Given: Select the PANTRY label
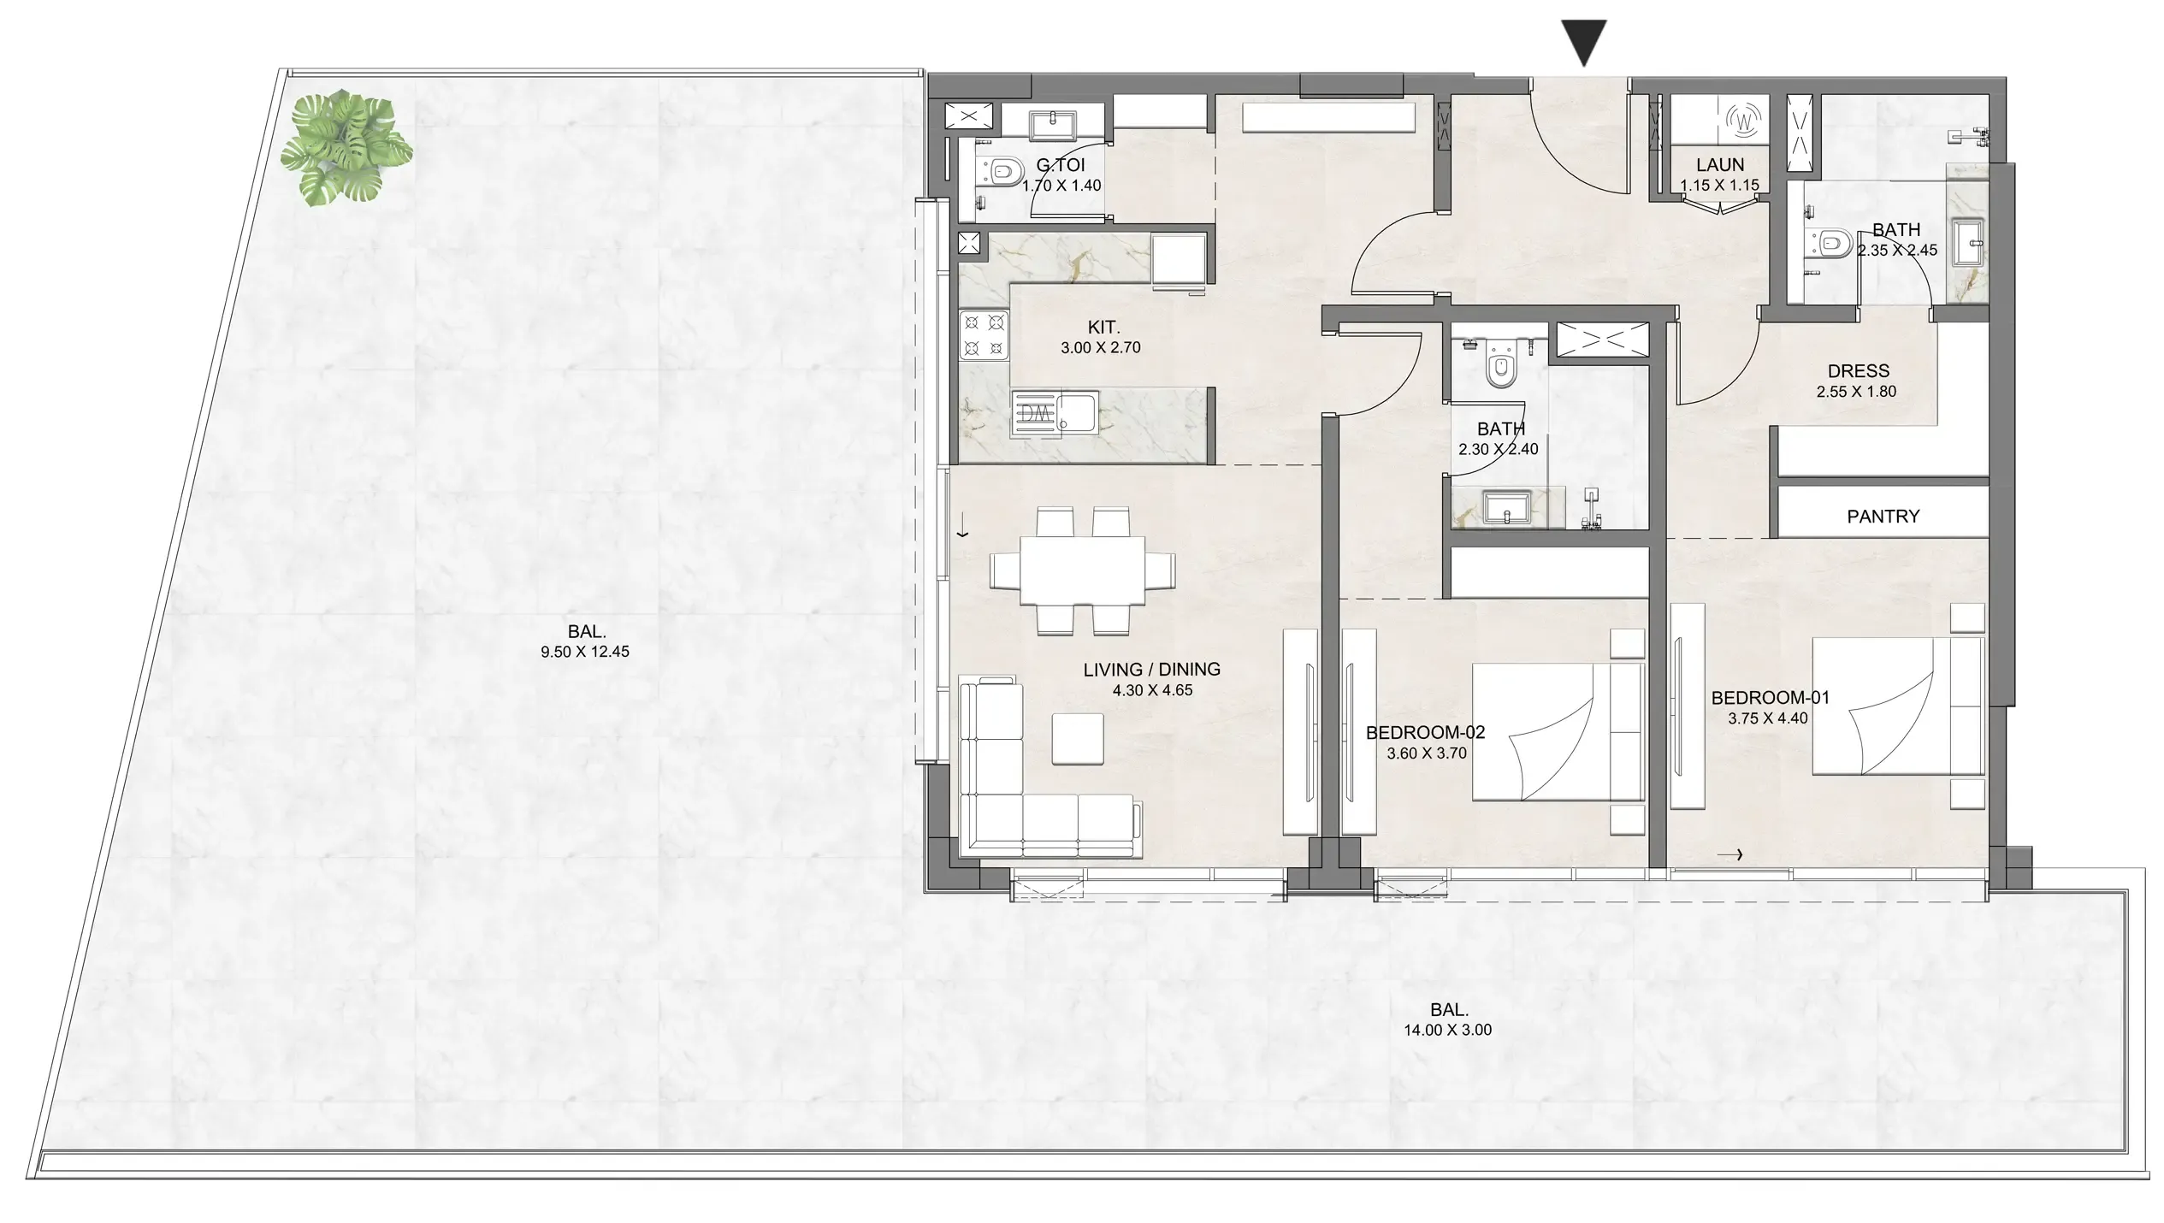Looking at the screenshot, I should pos(1883,517).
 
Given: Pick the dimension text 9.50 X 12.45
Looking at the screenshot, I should pos(585,652).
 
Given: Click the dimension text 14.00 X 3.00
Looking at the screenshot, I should pos(1447,1031).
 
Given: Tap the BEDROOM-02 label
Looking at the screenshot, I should pos(1425,733).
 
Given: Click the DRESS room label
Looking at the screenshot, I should pos(1859,371).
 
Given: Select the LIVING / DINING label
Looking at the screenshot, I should pos(1151,670).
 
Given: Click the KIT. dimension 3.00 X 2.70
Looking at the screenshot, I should pos(1101,348).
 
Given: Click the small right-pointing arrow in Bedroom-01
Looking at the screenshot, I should pos(1729,854).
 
